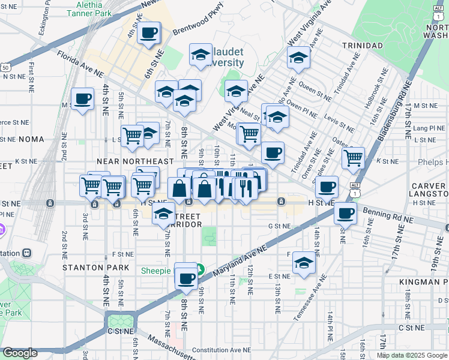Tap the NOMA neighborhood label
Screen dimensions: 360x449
[31, 139]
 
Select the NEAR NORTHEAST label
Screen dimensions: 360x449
[135, 161]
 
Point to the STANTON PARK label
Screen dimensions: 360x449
[96, 267]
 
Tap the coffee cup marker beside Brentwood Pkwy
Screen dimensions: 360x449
[149, 32]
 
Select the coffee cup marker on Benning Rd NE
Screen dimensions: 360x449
[345, 214]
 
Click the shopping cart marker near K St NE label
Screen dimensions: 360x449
[354, 158]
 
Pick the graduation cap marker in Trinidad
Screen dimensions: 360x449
[298, 58]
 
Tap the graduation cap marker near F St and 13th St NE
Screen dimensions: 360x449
[304, 262]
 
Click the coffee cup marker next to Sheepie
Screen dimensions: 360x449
[187, 277]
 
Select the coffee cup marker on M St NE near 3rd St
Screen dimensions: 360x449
[82, 98]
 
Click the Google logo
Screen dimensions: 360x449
[20, 353]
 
